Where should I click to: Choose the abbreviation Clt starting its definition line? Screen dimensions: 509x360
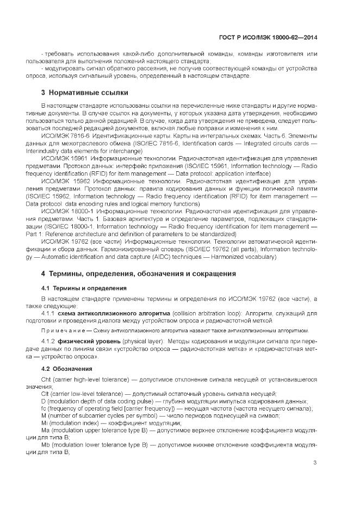coord(45,393)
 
